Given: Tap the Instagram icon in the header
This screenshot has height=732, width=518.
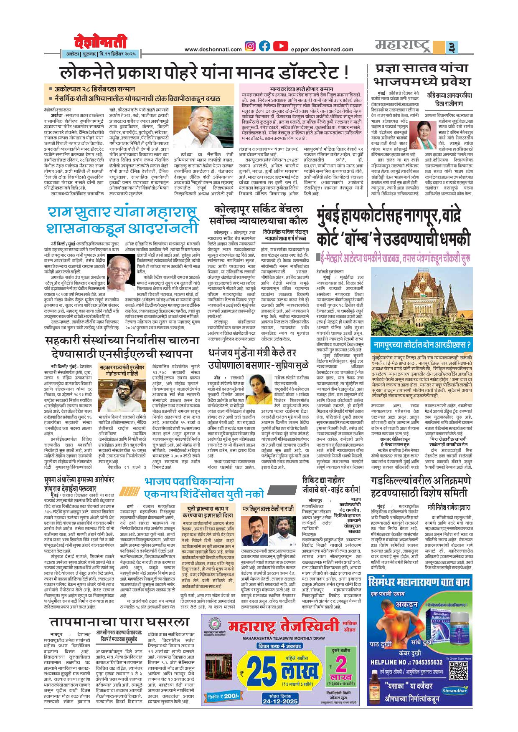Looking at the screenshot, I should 250,46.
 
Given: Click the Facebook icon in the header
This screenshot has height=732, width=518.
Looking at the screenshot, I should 264,46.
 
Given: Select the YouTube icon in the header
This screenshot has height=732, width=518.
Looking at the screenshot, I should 281,46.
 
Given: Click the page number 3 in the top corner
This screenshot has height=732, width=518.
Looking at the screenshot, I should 451,47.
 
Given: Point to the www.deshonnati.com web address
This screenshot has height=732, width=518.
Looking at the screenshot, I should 213,50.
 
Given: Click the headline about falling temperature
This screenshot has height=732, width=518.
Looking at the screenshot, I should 119,622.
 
